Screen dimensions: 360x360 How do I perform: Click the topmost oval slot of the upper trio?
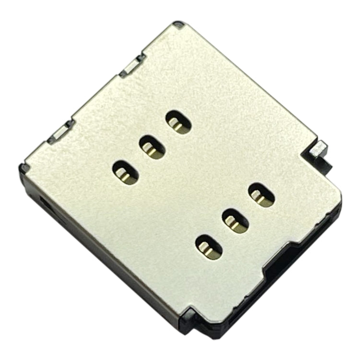point(179,122)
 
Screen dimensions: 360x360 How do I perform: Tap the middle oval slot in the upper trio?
point(152,146)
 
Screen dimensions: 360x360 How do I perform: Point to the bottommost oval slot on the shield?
point(208,246)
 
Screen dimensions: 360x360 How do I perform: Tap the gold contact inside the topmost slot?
point(178,126)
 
